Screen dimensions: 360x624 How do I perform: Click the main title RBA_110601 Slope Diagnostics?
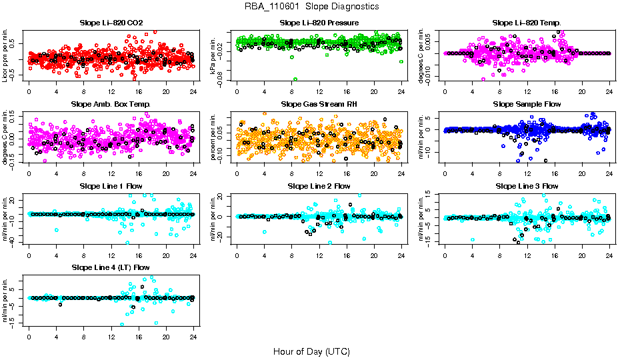click(x=312, y=6)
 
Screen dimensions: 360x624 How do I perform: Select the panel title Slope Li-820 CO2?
click(x=111, y=23)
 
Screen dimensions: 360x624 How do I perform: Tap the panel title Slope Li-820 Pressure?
click(x=319, y=23)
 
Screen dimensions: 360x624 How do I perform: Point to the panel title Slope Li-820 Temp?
click(x=527, y=23)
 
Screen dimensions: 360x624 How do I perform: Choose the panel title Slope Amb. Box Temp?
click(x=111, y=104)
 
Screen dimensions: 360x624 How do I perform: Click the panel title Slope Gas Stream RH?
click(x=319, y=104)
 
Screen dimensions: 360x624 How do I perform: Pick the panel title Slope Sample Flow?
click(x=527, y=104)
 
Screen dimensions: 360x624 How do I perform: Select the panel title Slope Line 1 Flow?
click(x=111, y=186)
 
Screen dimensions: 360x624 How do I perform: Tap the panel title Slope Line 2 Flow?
click(x=319, y=186)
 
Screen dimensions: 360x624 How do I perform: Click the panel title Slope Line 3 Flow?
click(x=527, y=186)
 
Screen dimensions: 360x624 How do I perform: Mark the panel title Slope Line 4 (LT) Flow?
click(x=111, y=267)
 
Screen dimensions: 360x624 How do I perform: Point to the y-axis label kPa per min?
click(x=214, y=55)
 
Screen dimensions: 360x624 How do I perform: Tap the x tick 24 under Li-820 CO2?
click(x=193, y=91)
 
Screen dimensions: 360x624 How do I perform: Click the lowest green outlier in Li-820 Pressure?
click(x=294, y=79)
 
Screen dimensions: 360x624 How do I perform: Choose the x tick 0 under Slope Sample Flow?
click(x=445, y=173)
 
